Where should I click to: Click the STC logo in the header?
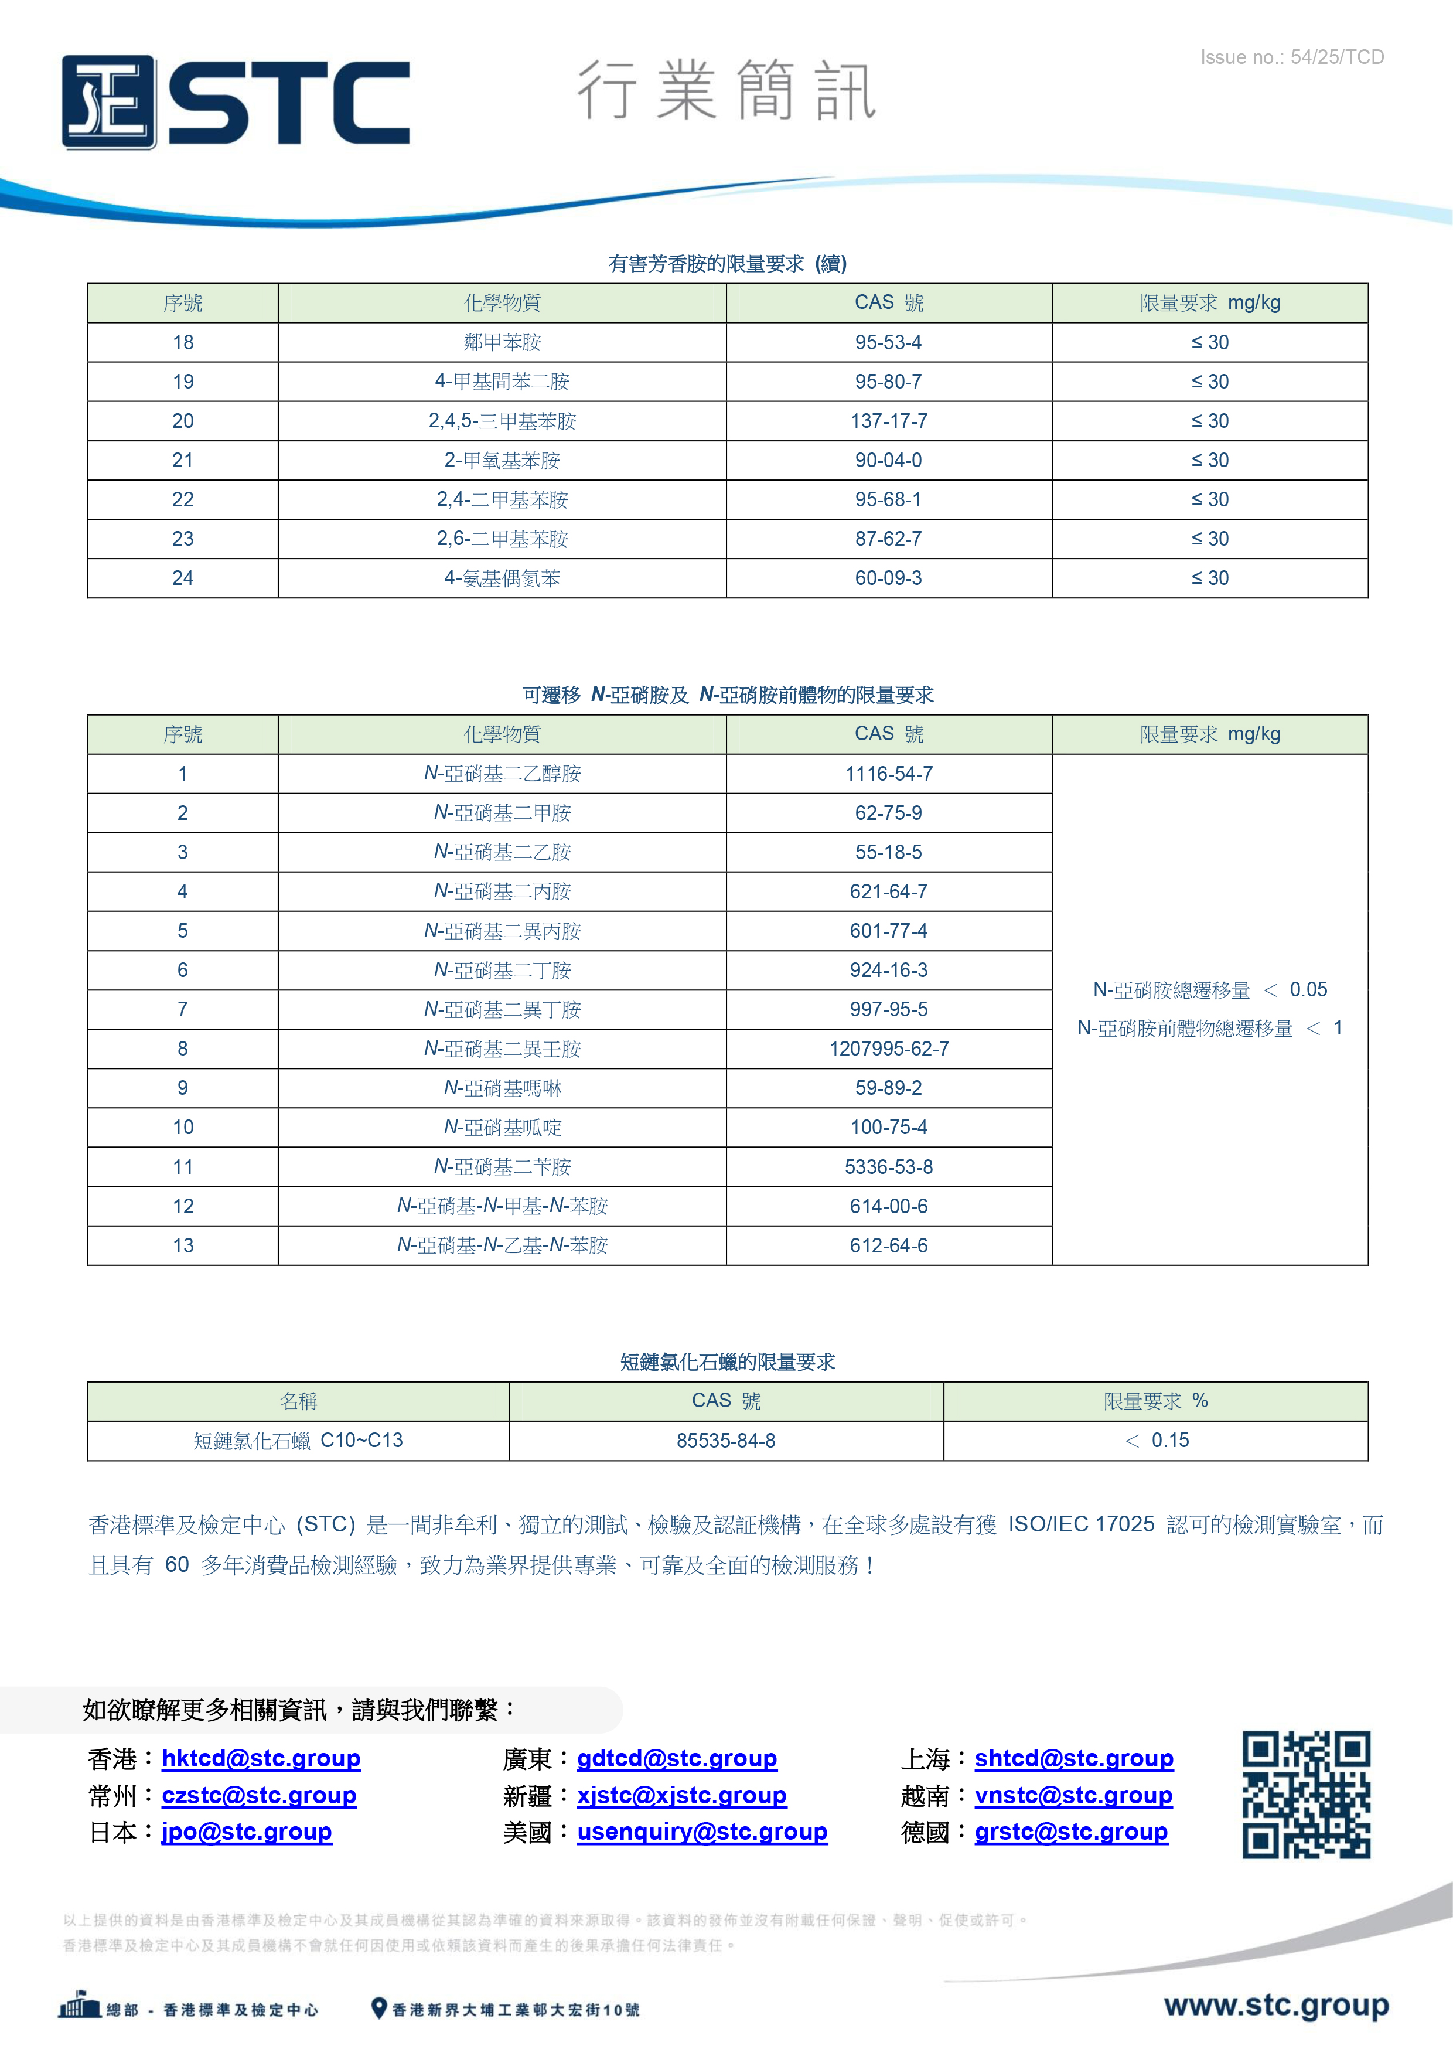pos(236,102)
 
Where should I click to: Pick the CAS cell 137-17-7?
pos(888,421)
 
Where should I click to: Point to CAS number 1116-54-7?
pos(888,774)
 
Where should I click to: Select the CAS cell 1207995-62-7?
pos(888,1049)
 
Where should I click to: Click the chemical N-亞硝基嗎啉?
pos(502,1088)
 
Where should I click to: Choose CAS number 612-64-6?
pos(888,1245)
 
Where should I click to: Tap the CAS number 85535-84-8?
pos(725,1441)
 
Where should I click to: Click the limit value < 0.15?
pos(1157,1441)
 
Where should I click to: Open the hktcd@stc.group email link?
pos(261,1759)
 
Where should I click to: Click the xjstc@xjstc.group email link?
pos(681,1795)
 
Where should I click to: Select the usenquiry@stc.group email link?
pos(702,1832)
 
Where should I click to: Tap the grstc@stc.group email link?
pos(1071,1832)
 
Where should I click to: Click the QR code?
pos(1305,1795)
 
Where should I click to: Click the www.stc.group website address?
pos(1275,2005)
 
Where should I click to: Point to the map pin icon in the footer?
pos(378,2009)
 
